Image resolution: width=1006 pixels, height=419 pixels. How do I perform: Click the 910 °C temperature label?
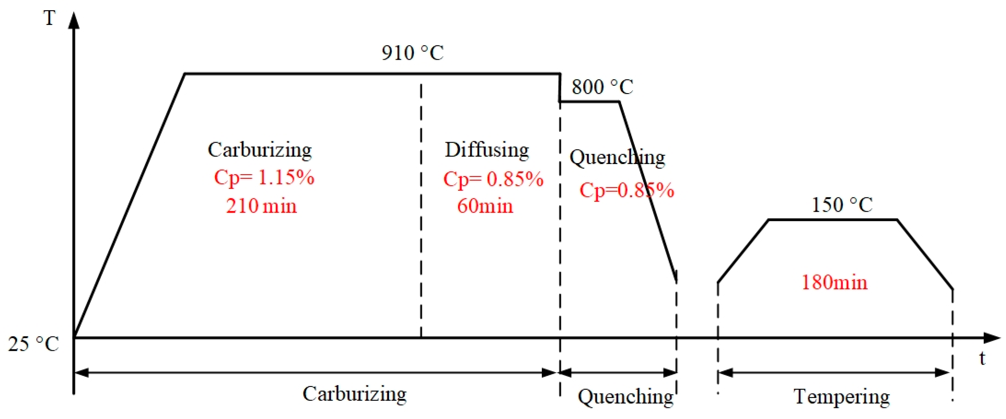pos(412,53)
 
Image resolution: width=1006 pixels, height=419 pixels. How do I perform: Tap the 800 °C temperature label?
pos(602,87)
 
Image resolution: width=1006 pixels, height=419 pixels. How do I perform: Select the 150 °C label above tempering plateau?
pos(842,205)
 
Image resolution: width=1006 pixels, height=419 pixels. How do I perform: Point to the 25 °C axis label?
pos(34,344)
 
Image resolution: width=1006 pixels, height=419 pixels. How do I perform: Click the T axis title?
pos(49,18)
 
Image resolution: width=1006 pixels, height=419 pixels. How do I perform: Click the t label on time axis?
pos(983,358)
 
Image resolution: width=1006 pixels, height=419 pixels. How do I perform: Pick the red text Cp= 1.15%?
pos(264,178)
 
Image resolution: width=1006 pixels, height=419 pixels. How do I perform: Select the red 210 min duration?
pos(261,206)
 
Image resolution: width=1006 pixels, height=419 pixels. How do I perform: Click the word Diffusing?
pos(487,150)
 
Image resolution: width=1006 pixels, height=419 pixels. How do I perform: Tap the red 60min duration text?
pos(485,206)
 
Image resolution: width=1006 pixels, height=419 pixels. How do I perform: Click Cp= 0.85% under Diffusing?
pos(493,179)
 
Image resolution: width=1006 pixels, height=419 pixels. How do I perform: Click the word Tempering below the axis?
pos(842,397)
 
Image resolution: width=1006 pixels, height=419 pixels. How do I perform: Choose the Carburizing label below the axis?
pos(354,394)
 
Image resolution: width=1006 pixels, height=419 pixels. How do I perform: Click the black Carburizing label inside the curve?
pos(260,150)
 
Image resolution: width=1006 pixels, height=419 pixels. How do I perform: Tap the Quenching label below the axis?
pos(626,397)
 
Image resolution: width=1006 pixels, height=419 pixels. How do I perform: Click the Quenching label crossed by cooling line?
pos(617,158)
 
